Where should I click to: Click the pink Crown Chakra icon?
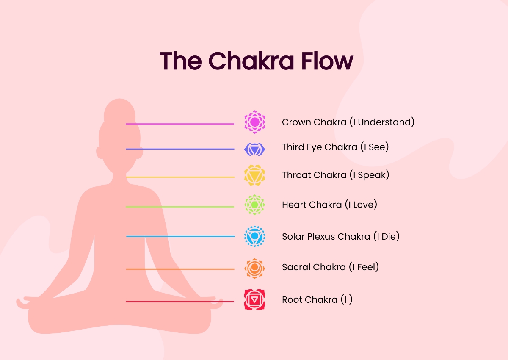[255, 122]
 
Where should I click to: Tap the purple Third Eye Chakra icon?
[254, 149]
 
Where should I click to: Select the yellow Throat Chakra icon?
[254, 175]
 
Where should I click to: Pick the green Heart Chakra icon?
[254, 205]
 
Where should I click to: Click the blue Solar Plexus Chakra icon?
[255, 236]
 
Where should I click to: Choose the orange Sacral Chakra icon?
[254, 269]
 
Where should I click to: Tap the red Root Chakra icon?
[254, 300]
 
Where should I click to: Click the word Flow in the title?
[327, 61]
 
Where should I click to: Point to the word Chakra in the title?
[251, 61]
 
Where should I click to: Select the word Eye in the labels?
[313, 147]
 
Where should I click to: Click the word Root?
[292, 300]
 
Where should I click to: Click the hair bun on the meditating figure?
[119, 110]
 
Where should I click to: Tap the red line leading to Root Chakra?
[180, 302]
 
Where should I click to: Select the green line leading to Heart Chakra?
[180, 207]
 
